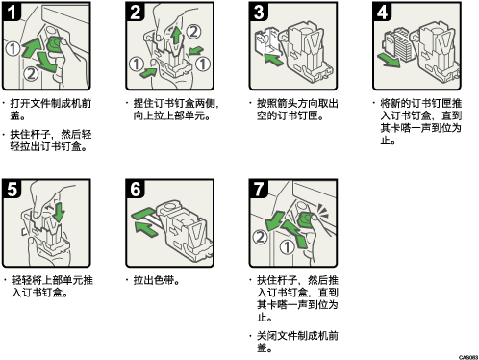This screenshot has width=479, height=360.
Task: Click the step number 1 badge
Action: pos(12,12)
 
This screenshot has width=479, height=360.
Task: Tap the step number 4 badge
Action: pos(382,12)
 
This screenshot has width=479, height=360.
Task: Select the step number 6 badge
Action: pos(135,189)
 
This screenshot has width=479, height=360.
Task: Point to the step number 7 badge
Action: pos(259,189)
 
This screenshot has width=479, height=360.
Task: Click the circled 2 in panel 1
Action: pos(31,73)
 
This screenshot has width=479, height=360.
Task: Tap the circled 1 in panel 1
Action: pos(13,49)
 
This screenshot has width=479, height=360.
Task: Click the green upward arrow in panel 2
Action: pos(176,36)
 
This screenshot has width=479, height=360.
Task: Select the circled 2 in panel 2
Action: pos(193,32)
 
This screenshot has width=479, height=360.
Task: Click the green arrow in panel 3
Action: pos(273,60)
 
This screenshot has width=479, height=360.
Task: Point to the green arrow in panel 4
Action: pos(389,61)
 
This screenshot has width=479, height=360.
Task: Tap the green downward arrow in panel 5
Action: pos(59,212)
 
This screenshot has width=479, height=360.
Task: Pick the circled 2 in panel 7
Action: pos(260,237)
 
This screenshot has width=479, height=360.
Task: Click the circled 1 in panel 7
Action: pos(287,247)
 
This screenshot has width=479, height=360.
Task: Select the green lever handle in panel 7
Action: pos(307,219)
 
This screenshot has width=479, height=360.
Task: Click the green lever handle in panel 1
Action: pos(55,44)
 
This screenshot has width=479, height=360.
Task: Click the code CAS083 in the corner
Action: pos(468,357)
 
